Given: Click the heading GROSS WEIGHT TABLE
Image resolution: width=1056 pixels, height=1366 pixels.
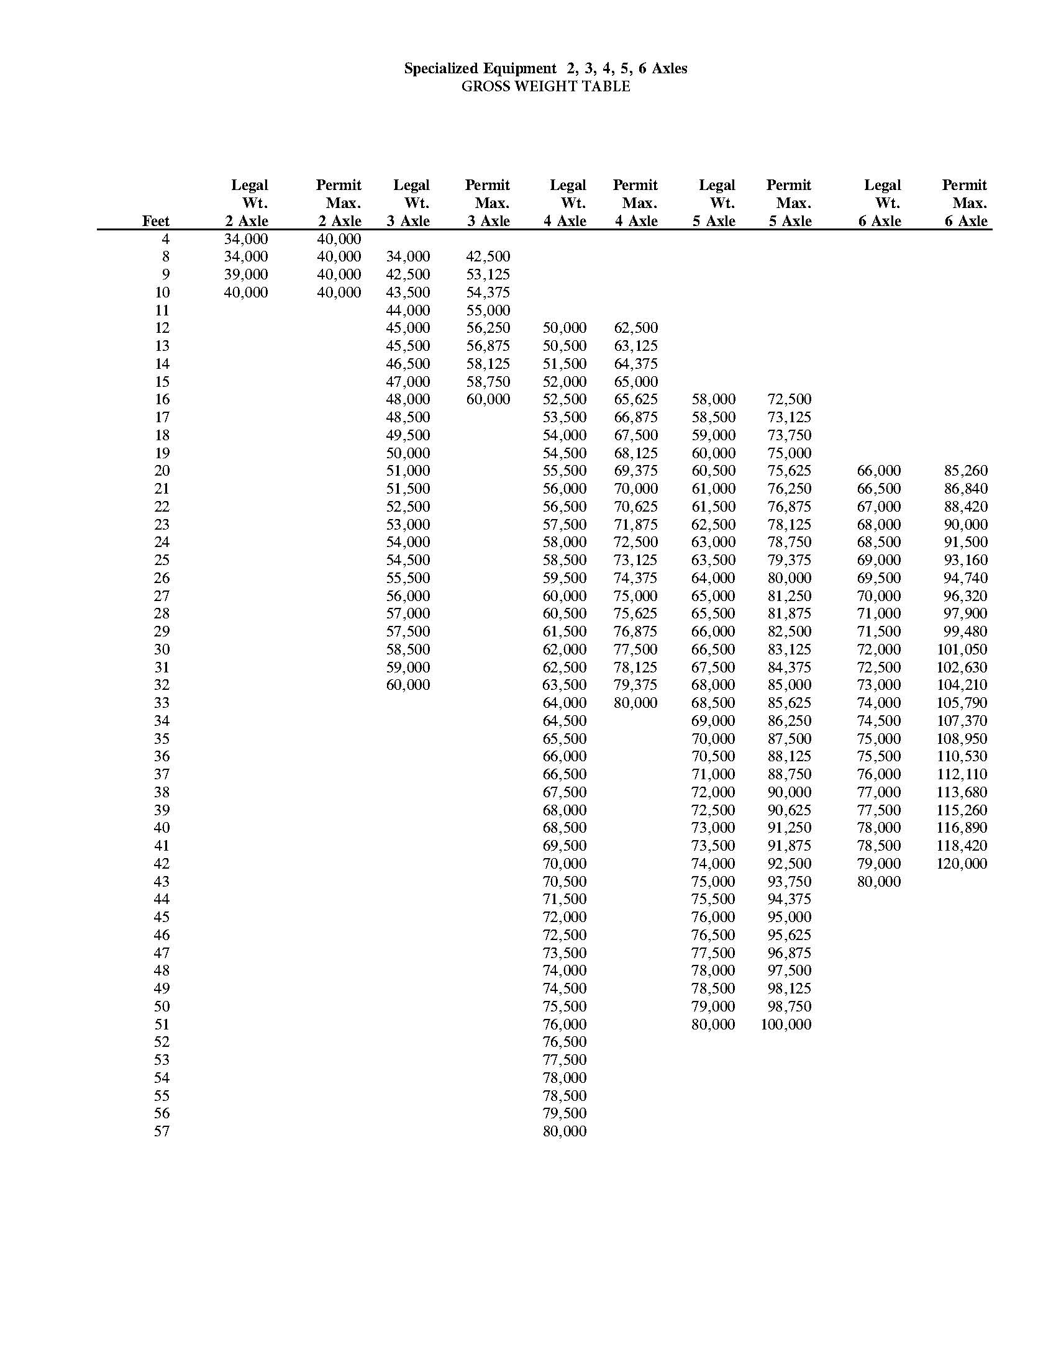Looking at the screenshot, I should coord(545,86).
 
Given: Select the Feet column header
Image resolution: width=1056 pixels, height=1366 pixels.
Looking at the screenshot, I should coord(156,221).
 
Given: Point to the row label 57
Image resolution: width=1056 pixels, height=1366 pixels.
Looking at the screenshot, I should coord(162,1131).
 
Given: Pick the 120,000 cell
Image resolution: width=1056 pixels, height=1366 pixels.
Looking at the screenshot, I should coord(962,864).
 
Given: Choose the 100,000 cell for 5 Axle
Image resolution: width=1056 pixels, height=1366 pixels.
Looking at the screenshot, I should coord(786,1024).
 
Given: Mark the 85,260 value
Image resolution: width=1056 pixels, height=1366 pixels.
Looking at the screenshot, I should coord(965,471).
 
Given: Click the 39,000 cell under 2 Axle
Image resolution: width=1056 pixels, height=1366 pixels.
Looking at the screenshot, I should coord(246,274).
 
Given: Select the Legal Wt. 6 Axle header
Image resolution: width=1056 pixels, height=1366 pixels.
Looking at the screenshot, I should coord(881,202).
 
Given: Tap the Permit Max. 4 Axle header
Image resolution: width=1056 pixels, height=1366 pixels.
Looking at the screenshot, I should coord(635,202).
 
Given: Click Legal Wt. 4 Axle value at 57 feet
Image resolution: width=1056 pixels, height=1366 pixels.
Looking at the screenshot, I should coord(564,1131).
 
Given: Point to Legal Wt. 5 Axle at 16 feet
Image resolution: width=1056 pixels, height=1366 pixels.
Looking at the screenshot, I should coord(713,399).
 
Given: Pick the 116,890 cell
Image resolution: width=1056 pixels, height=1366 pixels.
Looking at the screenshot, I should coord(962,828).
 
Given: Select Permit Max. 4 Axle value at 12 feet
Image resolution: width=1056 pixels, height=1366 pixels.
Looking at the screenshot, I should coord(635,328).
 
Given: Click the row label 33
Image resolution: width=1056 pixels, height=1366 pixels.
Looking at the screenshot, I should coord(162,703).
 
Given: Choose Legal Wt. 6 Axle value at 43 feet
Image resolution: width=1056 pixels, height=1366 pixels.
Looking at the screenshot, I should coord(879,882).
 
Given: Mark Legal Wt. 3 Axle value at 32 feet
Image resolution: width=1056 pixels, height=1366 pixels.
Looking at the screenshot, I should coord(408,685).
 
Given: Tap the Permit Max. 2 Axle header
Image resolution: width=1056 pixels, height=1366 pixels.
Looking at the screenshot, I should coord(339,202).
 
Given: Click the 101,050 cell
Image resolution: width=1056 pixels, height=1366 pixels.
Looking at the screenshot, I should coord(962,649).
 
